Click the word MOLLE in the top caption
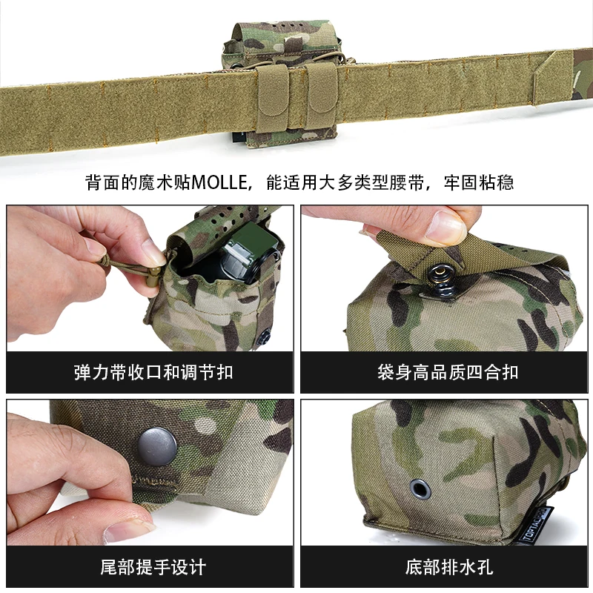point(219,182)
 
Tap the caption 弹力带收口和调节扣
point(153,372)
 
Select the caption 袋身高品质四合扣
point(448,372)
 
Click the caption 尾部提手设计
point(153,567)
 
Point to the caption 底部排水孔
point(449,567)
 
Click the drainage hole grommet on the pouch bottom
point(420,489)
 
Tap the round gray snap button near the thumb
point(157,446)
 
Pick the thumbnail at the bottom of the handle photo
point(128,531)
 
